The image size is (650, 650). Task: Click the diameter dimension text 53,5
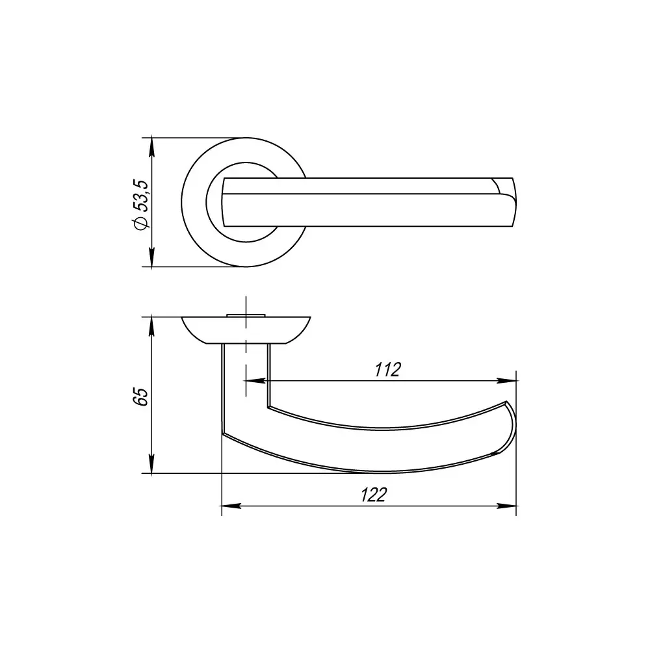tap(141, 196)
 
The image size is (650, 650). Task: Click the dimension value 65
tap(141, 397)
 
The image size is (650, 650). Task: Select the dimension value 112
tap(387, 370)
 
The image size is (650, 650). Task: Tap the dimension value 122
tap(374, 495)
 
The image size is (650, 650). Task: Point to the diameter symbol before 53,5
tap(141, 223)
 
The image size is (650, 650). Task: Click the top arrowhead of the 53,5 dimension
tap(151, 148)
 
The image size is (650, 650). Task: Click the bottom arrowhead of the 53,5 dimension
tap(151, 257)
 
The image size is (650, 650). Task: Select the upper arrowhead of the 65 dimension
tap(151, 327)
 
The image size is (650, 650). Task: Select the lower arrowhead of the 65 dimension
tap(151, 463)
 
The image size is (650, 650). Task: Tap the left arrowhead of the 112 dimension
tap(255, 380)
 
